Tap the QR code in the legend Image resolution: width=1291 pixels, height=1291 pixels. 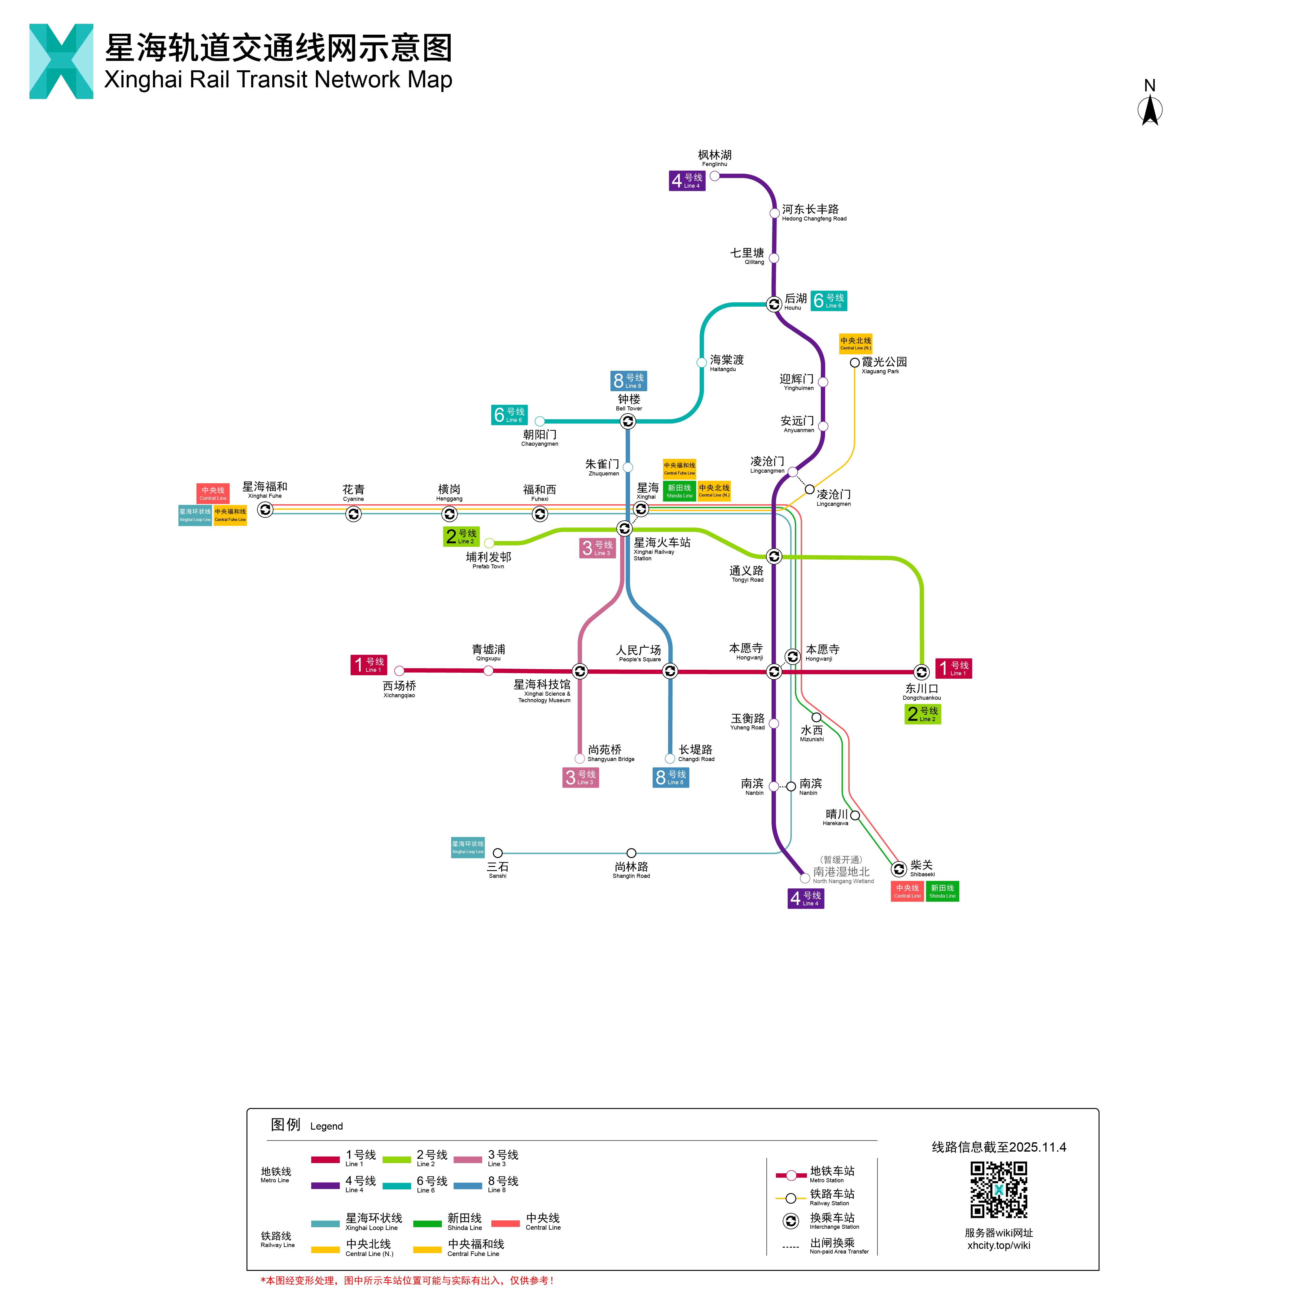pyautogui.click(x=998, y=1189)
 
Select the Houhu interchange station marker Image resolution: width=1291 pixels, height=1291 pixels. pyautogui.click(x=774, y=304)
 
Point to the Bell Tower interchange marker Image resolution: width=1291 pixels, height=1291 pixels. pyautogui.click(x=628, y=421)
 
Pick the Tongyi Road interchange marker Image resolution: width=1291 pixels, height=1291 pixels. pyautogui.click(x=774, y=556)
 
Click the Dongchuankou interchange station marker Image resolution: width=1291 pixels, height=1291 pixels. pyautogui.click(x=921, y=672)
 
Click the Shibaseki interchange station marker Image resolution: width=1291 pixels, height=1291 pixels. pyautogui.click(x=899, y=869)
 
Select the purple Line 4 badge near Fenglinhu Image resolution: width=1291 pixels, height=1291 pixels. pyautogui.click(x=687, y=180)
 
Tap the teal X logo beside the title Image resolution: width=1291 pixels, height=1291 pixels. pyautogui.click(x=61, y=61)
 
